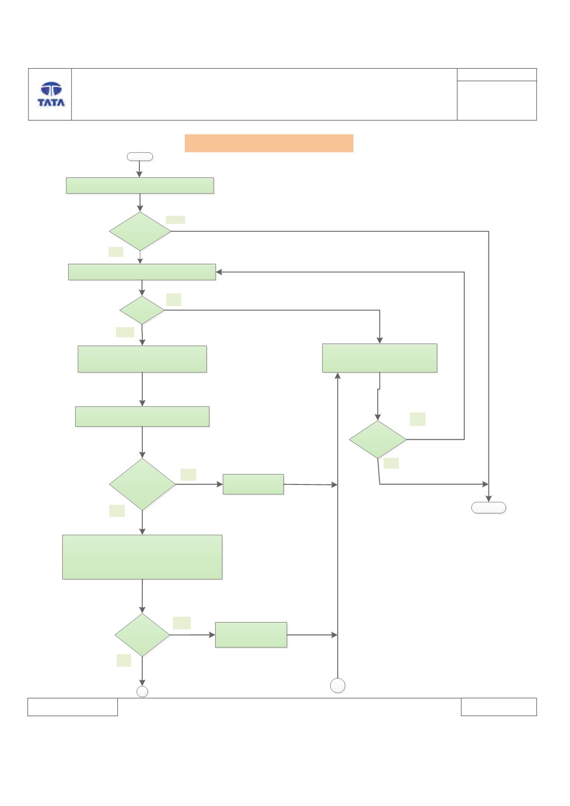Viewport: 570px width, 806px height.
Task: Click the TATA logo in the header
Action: [51, 94]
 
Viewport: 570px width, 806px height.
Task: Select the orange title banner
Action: [269, 143]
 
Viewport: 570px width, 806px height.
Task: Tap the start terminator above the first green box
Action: [140, 156]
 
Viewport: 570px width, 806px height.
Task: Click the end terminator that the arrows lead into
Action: [489, 508]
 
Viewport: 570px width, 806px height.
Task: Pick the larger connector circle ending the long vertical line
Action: [337, 686]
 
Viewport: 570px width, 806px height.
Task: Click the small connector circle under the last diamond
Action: [142, 692]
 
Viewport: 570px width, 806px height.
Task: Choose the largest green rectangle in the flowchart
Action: [142, 557]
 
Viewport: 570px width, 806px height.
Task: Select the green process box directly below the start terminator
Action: [140, 185]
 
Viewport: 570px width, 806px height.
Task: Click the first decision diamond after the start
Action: [140, 231]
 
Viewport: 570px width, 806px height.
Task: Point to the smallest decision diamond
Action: [142, 310]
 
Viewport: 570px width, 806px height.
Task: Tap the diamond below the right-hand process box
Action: [378, 439]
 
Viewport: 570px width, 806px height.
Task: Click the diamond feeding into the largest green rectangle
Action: [142, 484]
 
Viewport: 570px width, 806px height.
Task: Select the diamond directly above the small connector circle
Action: [142, 635]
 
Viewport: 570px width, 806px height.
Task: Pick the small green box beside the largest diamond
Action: [253, 484]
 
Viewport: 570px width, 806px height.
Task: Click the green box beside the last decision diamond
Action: [251, 635]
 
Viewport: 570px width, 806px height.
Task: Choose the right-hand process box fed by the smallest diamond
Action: [380, 358]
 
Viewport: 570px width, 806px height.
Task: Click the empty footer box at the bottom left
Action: [73, 707]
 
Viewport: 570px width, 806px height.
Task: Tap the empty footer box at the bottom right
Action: [499, 707]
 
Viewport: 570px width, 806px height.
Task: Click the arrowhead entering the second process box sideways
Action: [219, 272]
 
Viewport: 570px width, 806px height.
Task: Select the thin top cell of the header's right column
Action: [497, 74]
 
